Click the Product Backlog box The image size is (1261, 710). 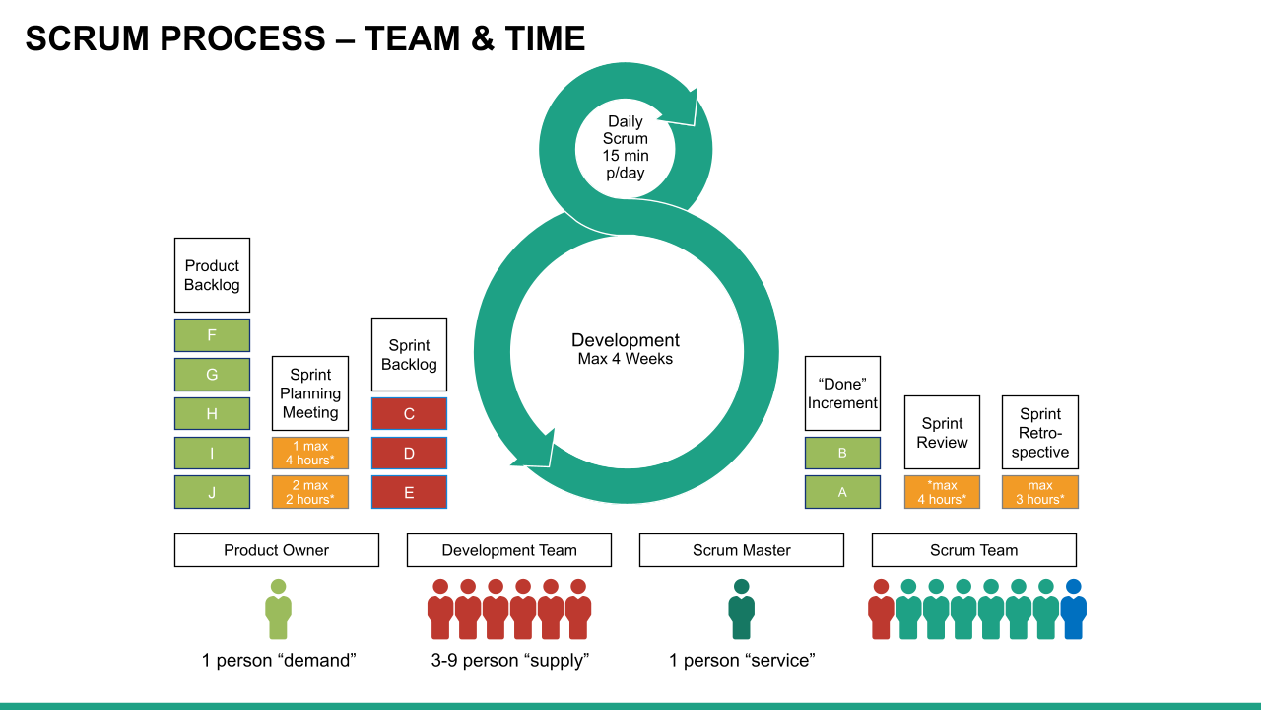click(212, 275)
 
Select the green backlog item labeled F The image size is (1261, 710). click(212, 335)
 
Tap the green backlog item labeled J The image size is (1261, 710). click(212, 492)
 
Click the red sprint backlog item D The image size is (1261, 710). click(409, 454)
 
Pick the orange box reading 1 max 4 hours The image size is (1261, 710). click(310, 453)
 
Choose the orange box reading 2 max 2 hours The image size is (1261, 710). click(310, 492)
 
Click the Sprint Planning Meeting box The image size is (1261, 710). click(310, 393)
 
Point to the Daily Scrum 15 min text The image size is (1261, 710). click(626, 147)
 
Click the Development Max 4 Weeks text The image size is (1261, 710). click(626, 349)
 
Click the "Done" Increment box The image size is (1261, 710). click(842, 393)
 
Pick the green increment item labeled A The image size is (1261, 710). click(842, 492)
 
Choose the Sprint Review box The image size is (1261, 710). click(942, 432)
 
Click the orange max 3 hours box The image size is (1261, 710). click(1040, 492)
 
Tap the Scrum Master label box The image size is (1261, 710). click(741, 550)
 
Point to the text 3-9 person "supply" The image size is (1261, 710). click(509, 661)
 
